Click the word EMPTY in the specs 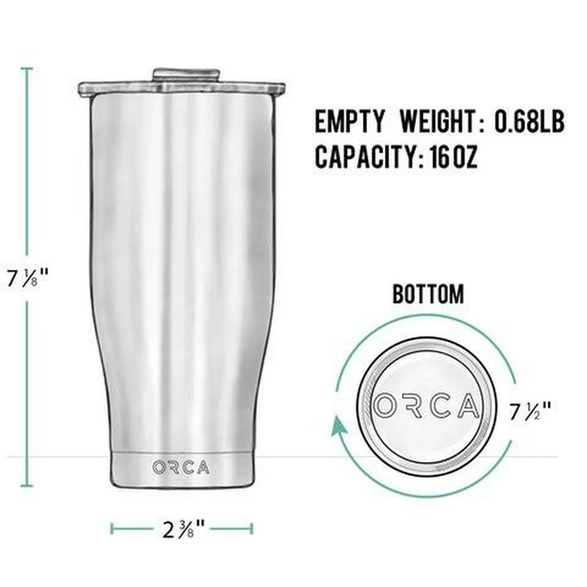[x=349, y=122]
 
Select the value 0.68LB [x=529, y=122]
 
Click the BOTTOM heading [x=428, y=294]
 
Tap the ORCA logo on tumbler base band [x=181, y=467]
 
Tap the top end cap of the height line [x=27, y=69]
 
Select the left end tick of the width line [x=112, y=528]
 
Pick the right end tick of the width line [x=251, y=528]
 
